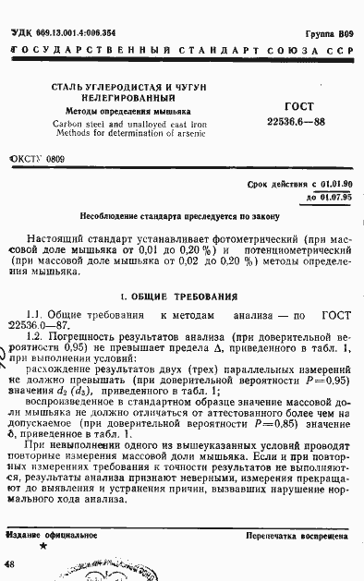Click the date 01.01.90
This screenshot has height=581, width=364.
coord(330,186)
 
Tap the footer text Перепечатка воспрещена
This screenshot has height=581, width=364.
coord(296,537)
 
